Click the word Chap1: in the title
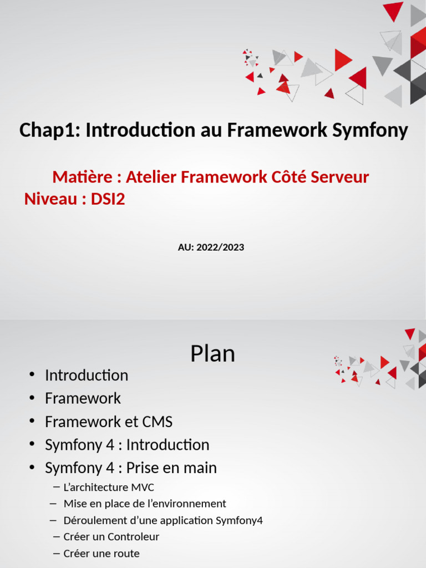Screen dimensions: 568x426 (49, 131)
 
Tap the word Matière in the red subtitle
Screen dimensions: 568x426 (82, 177)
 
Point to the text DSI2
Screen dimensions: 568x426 (108, 199)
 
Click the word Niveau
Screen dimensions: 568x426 (50, 199)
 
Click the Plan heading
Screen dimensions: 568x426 (212, 354)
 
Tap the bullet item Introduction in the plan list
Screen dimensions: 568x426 (87, 376)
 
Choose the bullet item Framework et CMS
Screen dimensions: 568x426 (109, 422)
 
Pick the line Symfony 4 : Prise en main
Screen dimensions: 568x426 (131, 468)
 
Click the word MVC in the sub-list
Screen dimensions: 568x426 (143, 488)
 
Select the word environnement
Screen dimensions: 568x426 (190, 504)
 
